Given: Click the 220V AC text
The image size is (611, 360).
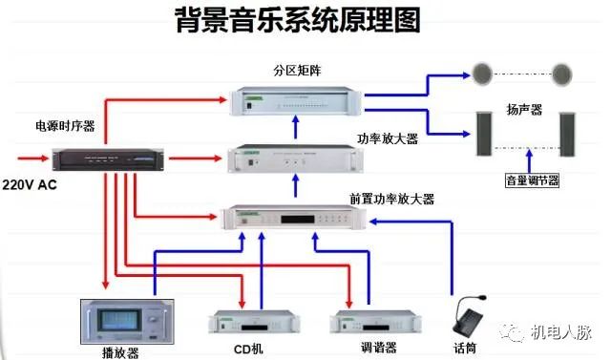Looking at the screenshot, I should (x=30, y=182).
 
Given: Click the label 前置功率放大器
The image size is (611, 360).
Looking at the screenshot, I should (x=392, y=200).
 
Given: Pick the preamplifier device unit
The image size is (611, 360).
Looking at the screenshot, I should (x=295, y=218).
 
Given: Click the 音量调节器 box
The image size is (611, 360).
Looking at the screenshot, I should (x=532, y=180).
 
